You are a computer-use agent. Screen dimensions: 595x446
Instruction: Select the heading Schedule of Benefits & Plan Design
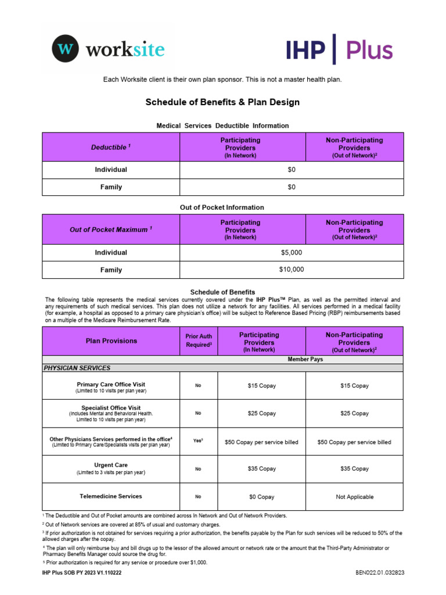coord(222,102)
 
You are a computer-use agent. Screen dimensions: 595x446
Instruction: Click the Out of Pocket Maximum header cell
coord(110,230)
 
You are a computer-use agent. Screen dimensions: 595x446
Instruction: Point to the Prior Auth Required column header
coord(199,340)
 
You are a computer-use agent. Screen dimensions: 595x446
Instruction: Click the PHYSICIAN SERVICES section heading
coord(77,368)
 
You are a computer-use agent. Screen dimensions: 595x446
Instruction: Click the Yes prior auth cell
coord(199,441)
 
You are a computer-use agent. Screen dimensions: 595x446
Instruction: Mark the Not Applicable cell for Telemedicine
coord(354,497)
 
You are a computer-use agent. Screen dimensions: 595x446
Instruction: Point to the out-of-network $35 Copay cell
coord(354,468)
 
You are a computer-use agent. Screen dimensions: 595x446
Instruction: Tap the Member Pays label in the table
coord(305,360)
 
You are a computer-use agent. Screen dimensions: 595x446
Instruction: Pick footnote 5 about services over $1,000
coord(125,562)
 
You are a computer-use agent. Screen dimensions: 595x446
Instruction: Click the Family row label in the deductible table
coord(110,187)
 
